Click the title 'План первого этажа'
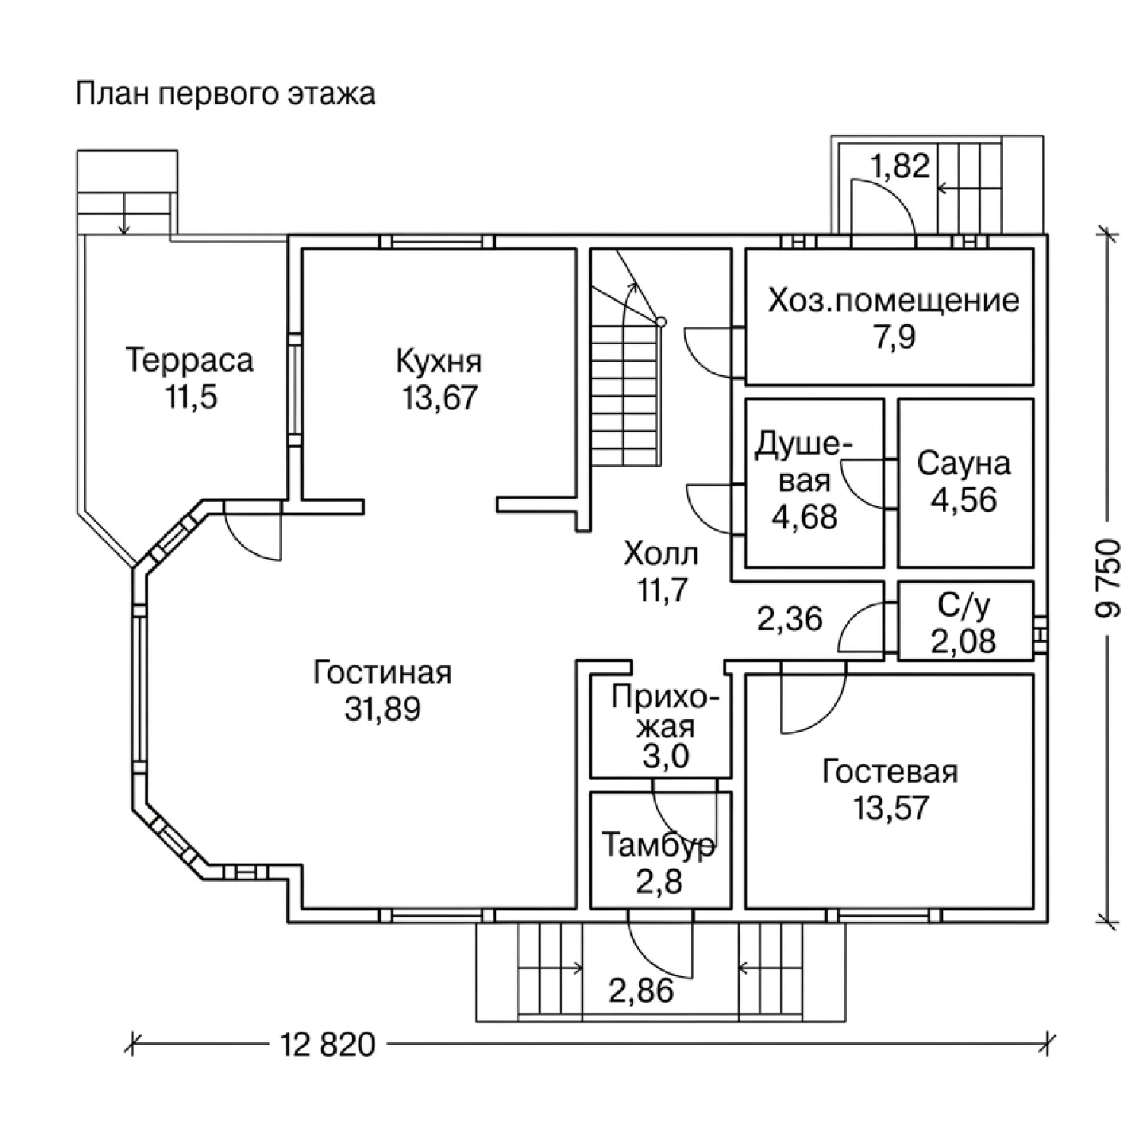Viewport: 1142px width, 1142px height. coord(225,94)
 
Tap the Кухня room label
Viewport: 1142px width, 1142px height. coord(439,362)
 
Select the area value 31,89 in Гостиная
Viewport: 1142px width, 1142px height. coord(382,710)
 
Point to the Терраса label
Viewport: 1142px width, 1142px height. coord(189,361)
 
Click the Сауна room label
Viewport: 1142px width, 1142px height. coord(964,464)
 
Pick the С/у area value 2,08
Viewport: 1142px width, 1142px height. coord(963,641)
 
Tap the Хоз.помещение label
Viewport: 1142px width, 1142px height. coord(894,301)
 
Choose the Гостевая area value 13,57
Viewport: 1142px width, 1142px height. coord(891,807)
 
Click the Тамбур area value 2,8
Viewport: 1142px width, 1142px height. coord(659,882)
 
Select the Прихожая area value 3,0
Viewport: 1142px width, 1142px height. coord(665,757)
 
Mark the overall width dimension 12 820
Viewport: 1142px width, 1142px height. coord(328,1045)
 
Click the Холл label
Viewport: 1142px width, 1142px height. coord(661,554)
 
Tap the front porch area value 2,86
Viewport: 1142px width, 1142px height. coord(641,990)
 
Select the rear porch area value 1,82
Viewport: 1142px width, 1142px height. coord(900,165)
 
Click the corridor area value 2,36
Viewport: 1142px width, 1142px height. coord(790,618)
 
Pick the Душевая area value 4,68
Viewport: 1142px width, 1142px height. coord(804,516)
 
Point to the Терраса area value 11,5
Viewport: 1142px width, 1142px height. coord(192,397)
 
